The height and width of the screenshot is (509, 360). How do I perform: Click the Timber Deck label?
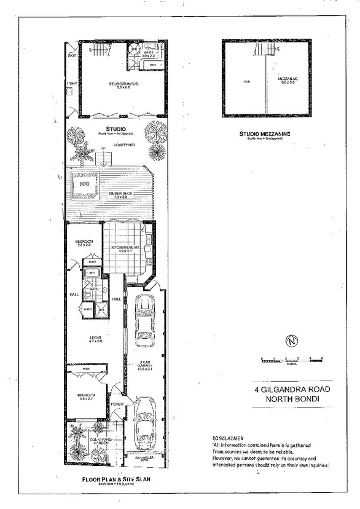(119, 194)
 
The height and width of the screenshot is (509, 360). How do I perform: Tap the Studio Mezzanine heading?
(265, 133)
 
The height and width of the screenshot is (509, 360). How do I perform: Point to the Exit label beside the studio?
(71, 55)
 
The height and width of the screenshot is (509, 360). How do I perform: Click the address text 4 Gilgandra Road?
(291, 389)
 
